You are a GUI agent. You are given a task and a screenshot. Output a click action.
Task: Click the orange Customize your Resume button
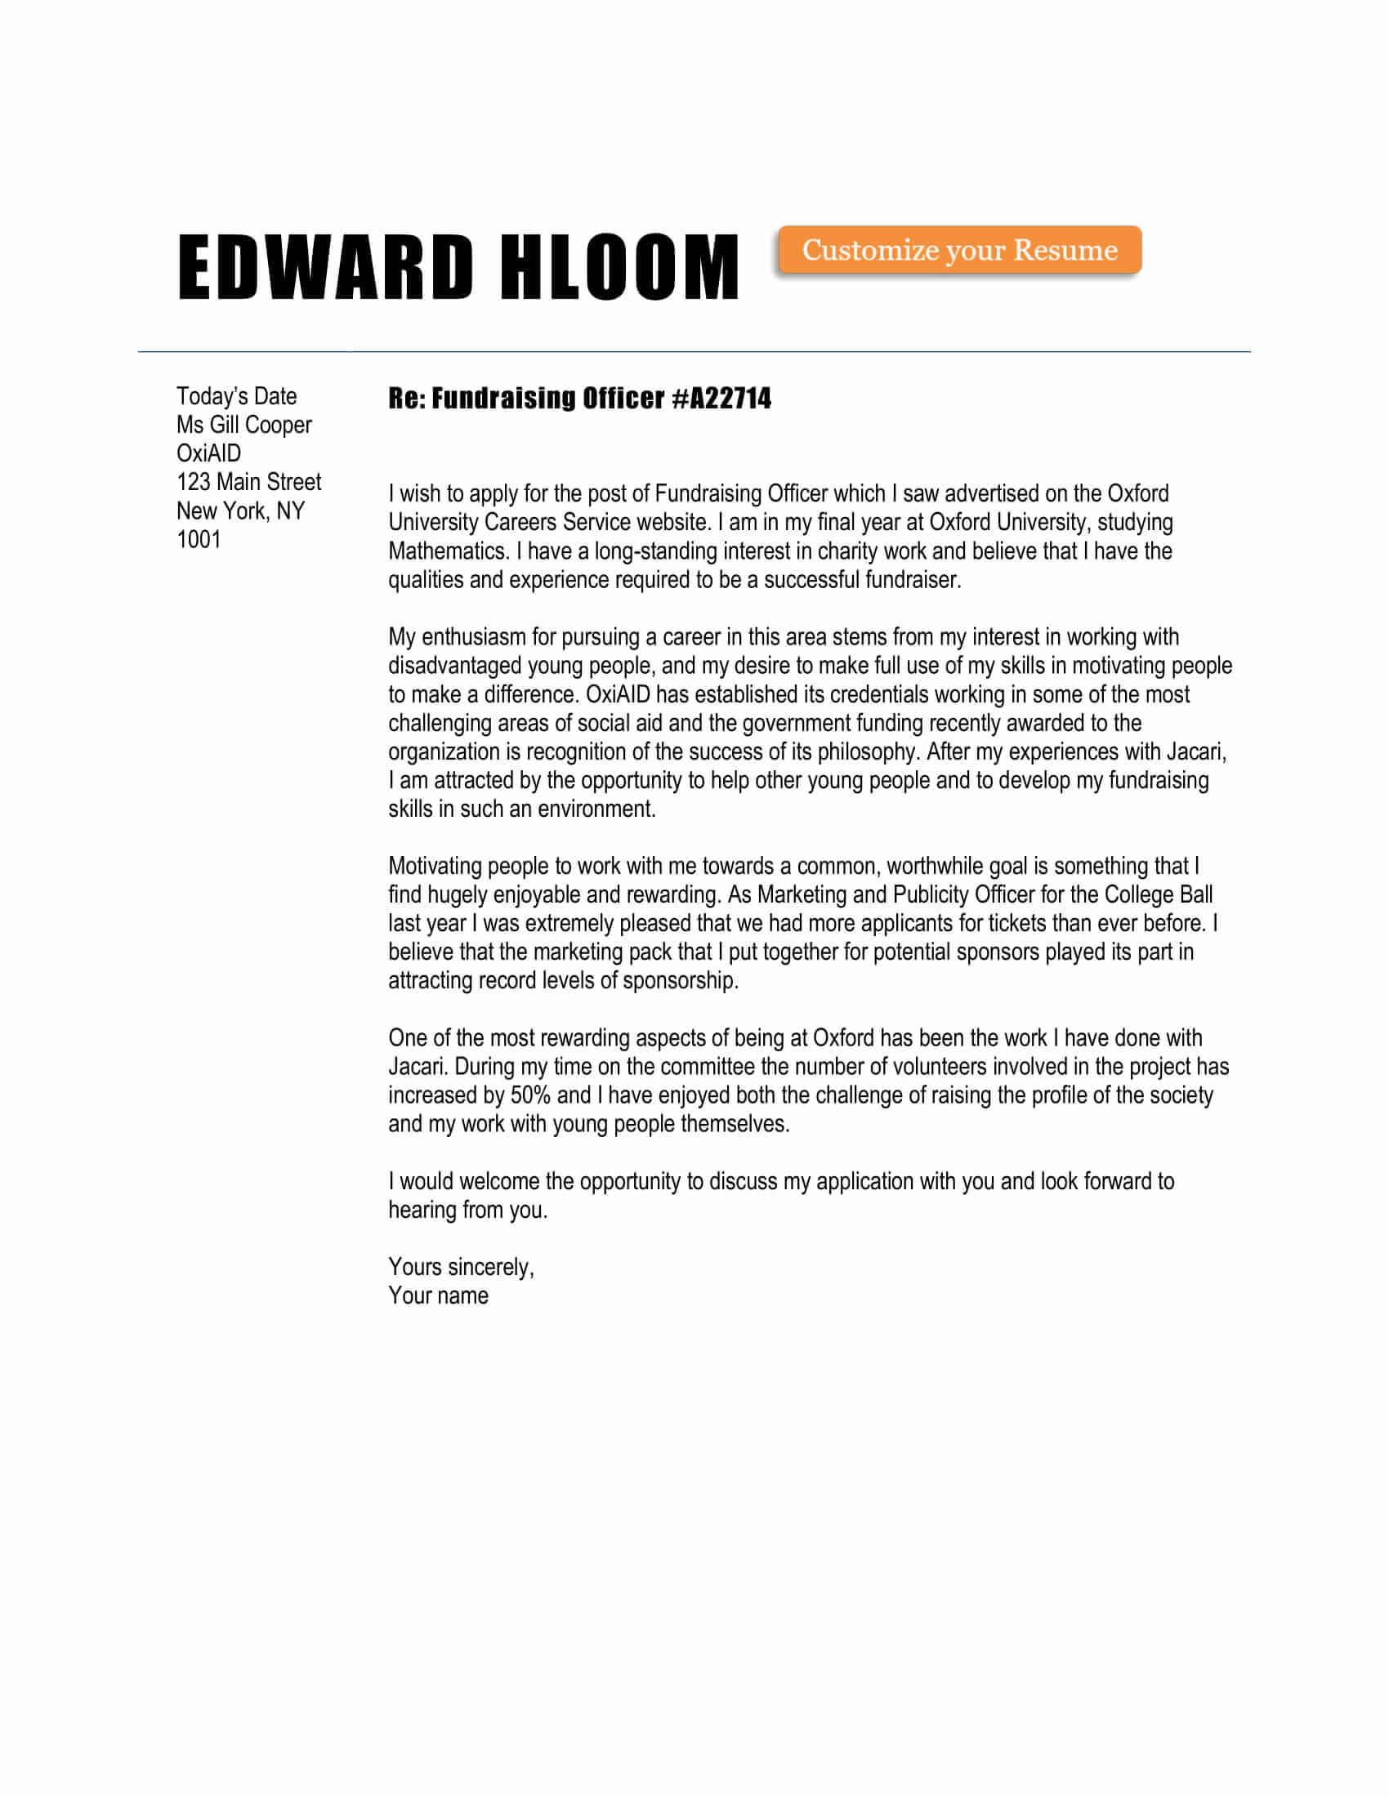click(959, 249)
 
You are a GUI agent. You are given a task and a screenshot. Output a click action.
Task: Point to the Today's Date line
click(236, 397)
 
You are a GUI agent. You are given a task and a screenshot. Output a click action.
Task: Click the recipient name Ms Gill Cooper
click(243, 426)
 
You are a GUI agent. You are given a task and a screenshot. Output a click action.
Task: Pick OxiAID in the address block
click(208, 453)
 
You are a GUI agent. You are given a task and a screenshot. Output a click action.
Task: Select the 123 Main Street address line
click(248, 482)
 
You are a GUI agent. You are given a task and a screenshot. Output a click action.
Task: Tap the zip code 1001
click(199, 540)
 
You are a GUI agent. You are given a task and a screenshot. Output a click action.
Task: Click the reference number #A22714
click(721, 399)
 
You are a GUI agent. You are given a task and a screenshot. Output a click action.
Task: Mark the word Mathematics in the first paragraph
click(449, 551)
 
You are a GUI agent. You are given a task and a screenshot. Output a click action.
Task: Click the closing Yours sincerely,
click(461, 1267)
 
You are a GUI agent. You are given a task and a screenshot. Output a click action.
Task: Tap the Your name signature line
click(438, 1296)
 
